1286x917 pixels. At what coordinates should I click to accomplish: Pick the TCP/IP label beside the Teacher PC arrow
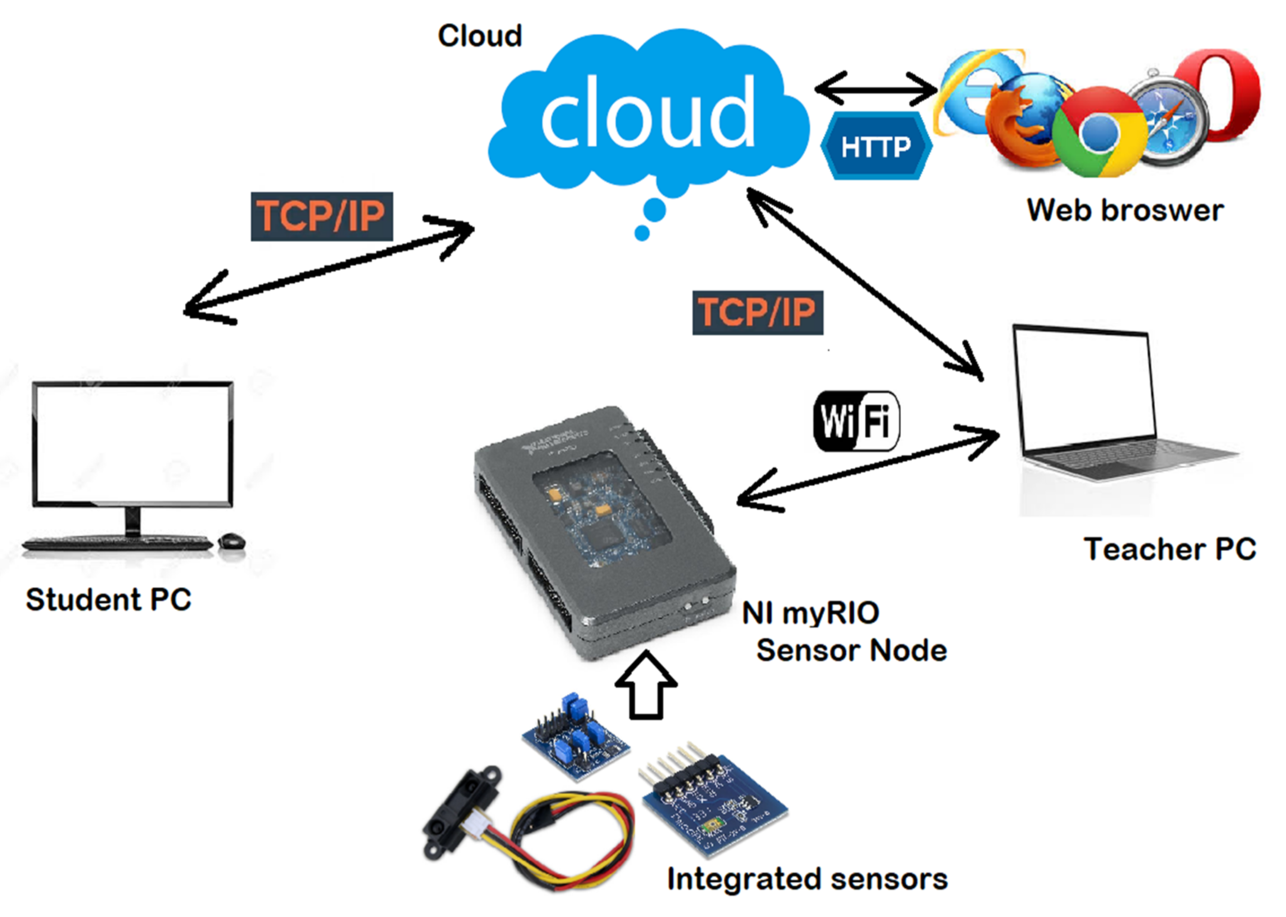(757, 312)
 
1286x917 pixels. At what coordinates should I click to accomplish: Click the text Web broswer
(1124, 211)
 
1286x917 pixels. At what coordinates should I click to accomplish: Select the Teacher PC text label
(1169, 549)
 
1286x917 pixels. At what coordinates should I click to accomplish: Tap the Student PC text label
(108, 599)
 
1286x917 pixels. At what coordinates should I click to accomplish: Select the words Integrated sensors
(807, 879)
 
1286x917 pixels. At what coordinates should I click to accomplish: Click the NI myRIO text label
(810, 613)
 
